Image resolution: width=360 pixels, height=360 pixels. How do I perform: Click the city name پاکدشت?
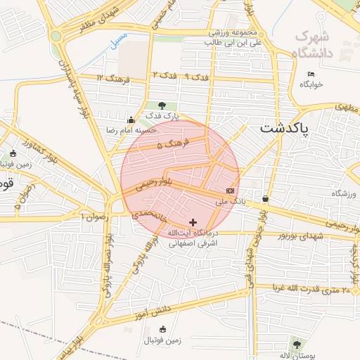tap(285, 129)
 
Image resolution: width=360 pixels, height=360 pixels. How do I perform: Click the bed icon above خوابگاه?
tap(311, 74)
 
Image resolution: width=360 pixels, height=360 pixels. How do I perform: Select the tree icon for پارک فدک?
tap(162, 105)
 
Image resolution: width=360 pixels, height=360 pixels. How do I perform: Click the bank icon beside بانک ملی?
tap(231, 191)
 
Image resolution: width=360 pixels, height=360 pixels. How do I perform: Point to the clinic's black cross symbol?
tap(193, 222)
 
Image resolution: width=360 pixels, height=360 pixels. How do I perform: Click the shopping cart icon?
tap(265, 198)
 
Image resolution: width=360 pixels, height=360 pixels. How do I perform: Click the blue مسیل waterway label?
tap(119, 39)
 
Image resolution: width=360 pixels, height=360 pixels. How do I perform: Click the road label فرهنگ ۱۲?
tap(113, 78)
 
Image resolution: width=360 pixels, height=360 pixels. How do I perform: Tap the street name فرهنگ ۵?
tap(168, 146)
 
